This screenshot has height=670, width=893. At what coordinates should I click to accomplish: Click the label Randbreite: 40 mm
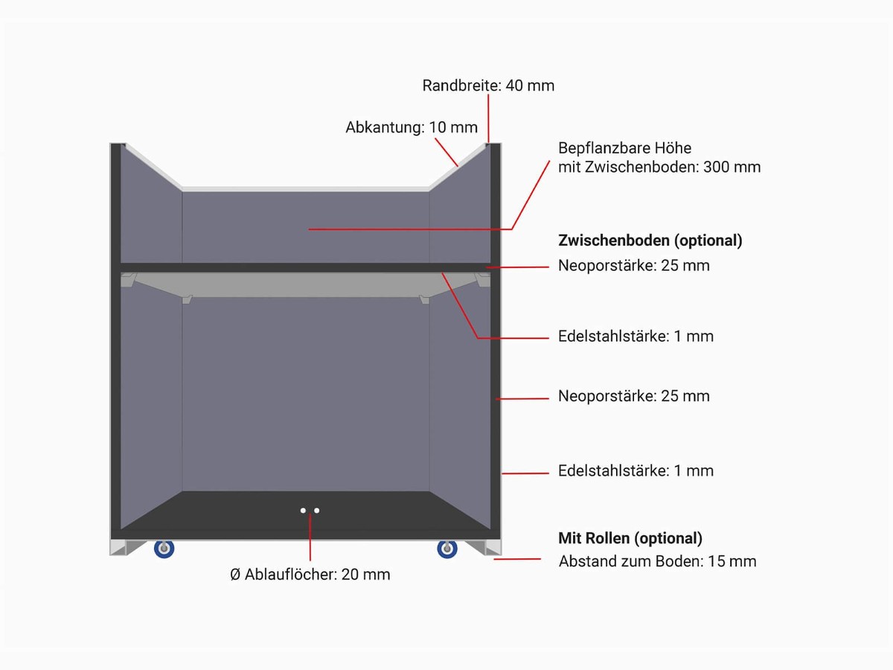click(x=488, y=86)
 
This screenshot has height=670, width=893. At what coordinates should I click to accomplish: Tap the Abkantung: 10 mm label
click(x=412, y=128)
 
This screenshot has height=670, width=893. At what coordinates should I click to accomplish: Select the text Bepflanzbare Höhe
click(x=624, y=148)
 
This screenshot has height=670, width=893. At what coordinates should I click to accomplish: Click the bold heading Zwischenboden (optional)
click(x=650, y=240)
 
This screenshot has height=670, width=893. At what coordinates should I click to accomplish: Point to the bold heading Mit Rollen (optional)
click(x=630, y=538)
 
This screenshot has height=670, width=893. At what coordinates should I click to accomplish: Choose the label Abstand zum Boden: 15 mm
click(x=657, y=561)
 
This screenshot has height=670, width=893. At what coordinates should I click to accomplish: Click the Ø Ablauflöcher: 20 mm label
click(x=310, y=575)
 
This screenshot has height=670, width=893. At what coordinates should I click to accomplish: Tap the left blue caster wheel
click(x=164, y=549)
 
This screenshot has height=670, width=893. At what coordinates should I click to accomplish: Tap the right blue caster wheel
click(x=447, y=549)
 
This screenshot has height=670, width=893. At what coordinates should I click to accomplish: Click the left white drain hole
click(x=303, y=511)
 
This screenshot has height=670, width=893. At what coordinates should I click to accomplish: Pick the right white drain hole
click(x=316, y=511)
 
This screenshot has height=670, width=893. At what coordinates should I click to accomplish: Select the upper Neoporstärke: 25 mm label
click(x=634, y=266)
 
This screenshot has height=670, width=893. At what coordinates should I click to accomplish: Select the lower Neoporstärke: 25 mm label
click(x=634, y=396)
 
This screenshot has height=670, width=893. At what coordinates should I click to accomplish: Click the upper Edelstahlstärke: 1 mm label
click(x=636, y=336)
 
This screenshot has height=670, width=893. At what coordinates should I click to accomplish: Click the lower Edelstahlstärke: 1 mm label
click(x=636, y=470)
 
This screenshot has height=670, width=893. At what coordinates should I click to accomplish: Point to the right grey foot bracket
click(x=484, y=548)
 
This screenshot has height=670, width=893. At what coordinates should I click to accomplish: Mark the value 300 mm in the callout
click(x=732, y=167)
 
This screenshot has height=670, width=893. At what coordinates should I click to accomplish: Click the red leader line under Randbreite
click(x=488, y=118)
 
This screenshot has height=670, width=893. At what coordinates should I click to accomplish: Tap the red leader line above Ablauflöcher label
click(x=310, y=537)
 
